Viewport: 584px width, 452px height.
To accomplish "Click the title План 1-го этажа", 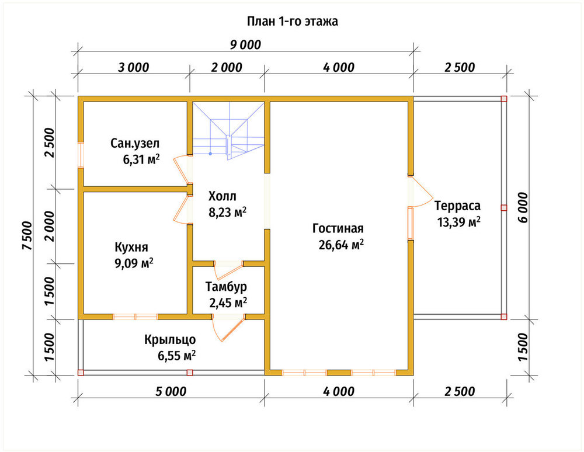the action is coord(293,21).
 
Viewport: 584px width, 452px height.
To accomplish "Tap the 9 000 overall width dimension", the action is coord(245,45).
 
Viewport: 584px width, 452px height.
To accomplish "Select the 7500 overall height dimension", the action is coord(27,236).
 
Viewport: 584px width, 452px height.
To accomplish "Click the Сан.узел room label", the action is coord(135,143).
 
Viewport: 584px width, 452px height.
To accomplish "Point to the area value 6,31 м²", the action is coord(141,159).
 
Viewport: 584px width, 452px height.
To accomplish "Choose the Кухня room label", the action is coord(131,247).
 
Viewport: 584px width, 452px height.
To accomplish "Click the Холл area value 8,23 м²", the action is coord(227,212).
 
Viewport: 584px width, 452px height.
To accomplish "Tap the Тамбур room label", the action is coord(226,287).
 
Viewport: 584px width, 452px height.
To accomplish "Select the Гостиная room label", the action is coord(338,228).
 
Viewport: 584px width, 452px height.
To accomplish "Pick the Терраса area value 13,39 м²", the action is coord(458,222).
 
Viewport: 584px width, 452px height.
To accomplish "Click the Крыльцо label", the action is coord(170,340).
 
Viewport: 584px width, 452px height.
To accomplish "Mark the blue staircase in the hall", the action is coord(228,131).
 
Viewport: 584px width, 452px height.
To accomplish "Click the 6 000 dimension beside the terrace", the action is coord(523,207).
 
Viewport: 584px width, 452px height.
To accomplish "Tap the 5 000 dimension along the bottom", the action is coord(171,391).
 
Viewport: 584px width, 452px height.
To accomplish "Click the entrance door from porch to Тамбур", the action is coord(228,328).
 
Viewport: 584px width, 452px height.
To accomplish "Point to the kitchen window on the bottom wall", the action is coord(135,317).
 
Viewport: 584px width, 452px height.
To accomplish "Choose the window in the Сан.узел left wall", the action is coord(81,155).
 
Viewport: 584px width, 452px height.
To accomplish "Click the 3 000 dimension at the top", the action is coord(133,68).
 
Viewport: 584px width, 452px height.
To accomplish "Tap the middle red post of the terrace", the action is coord(503,208).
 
